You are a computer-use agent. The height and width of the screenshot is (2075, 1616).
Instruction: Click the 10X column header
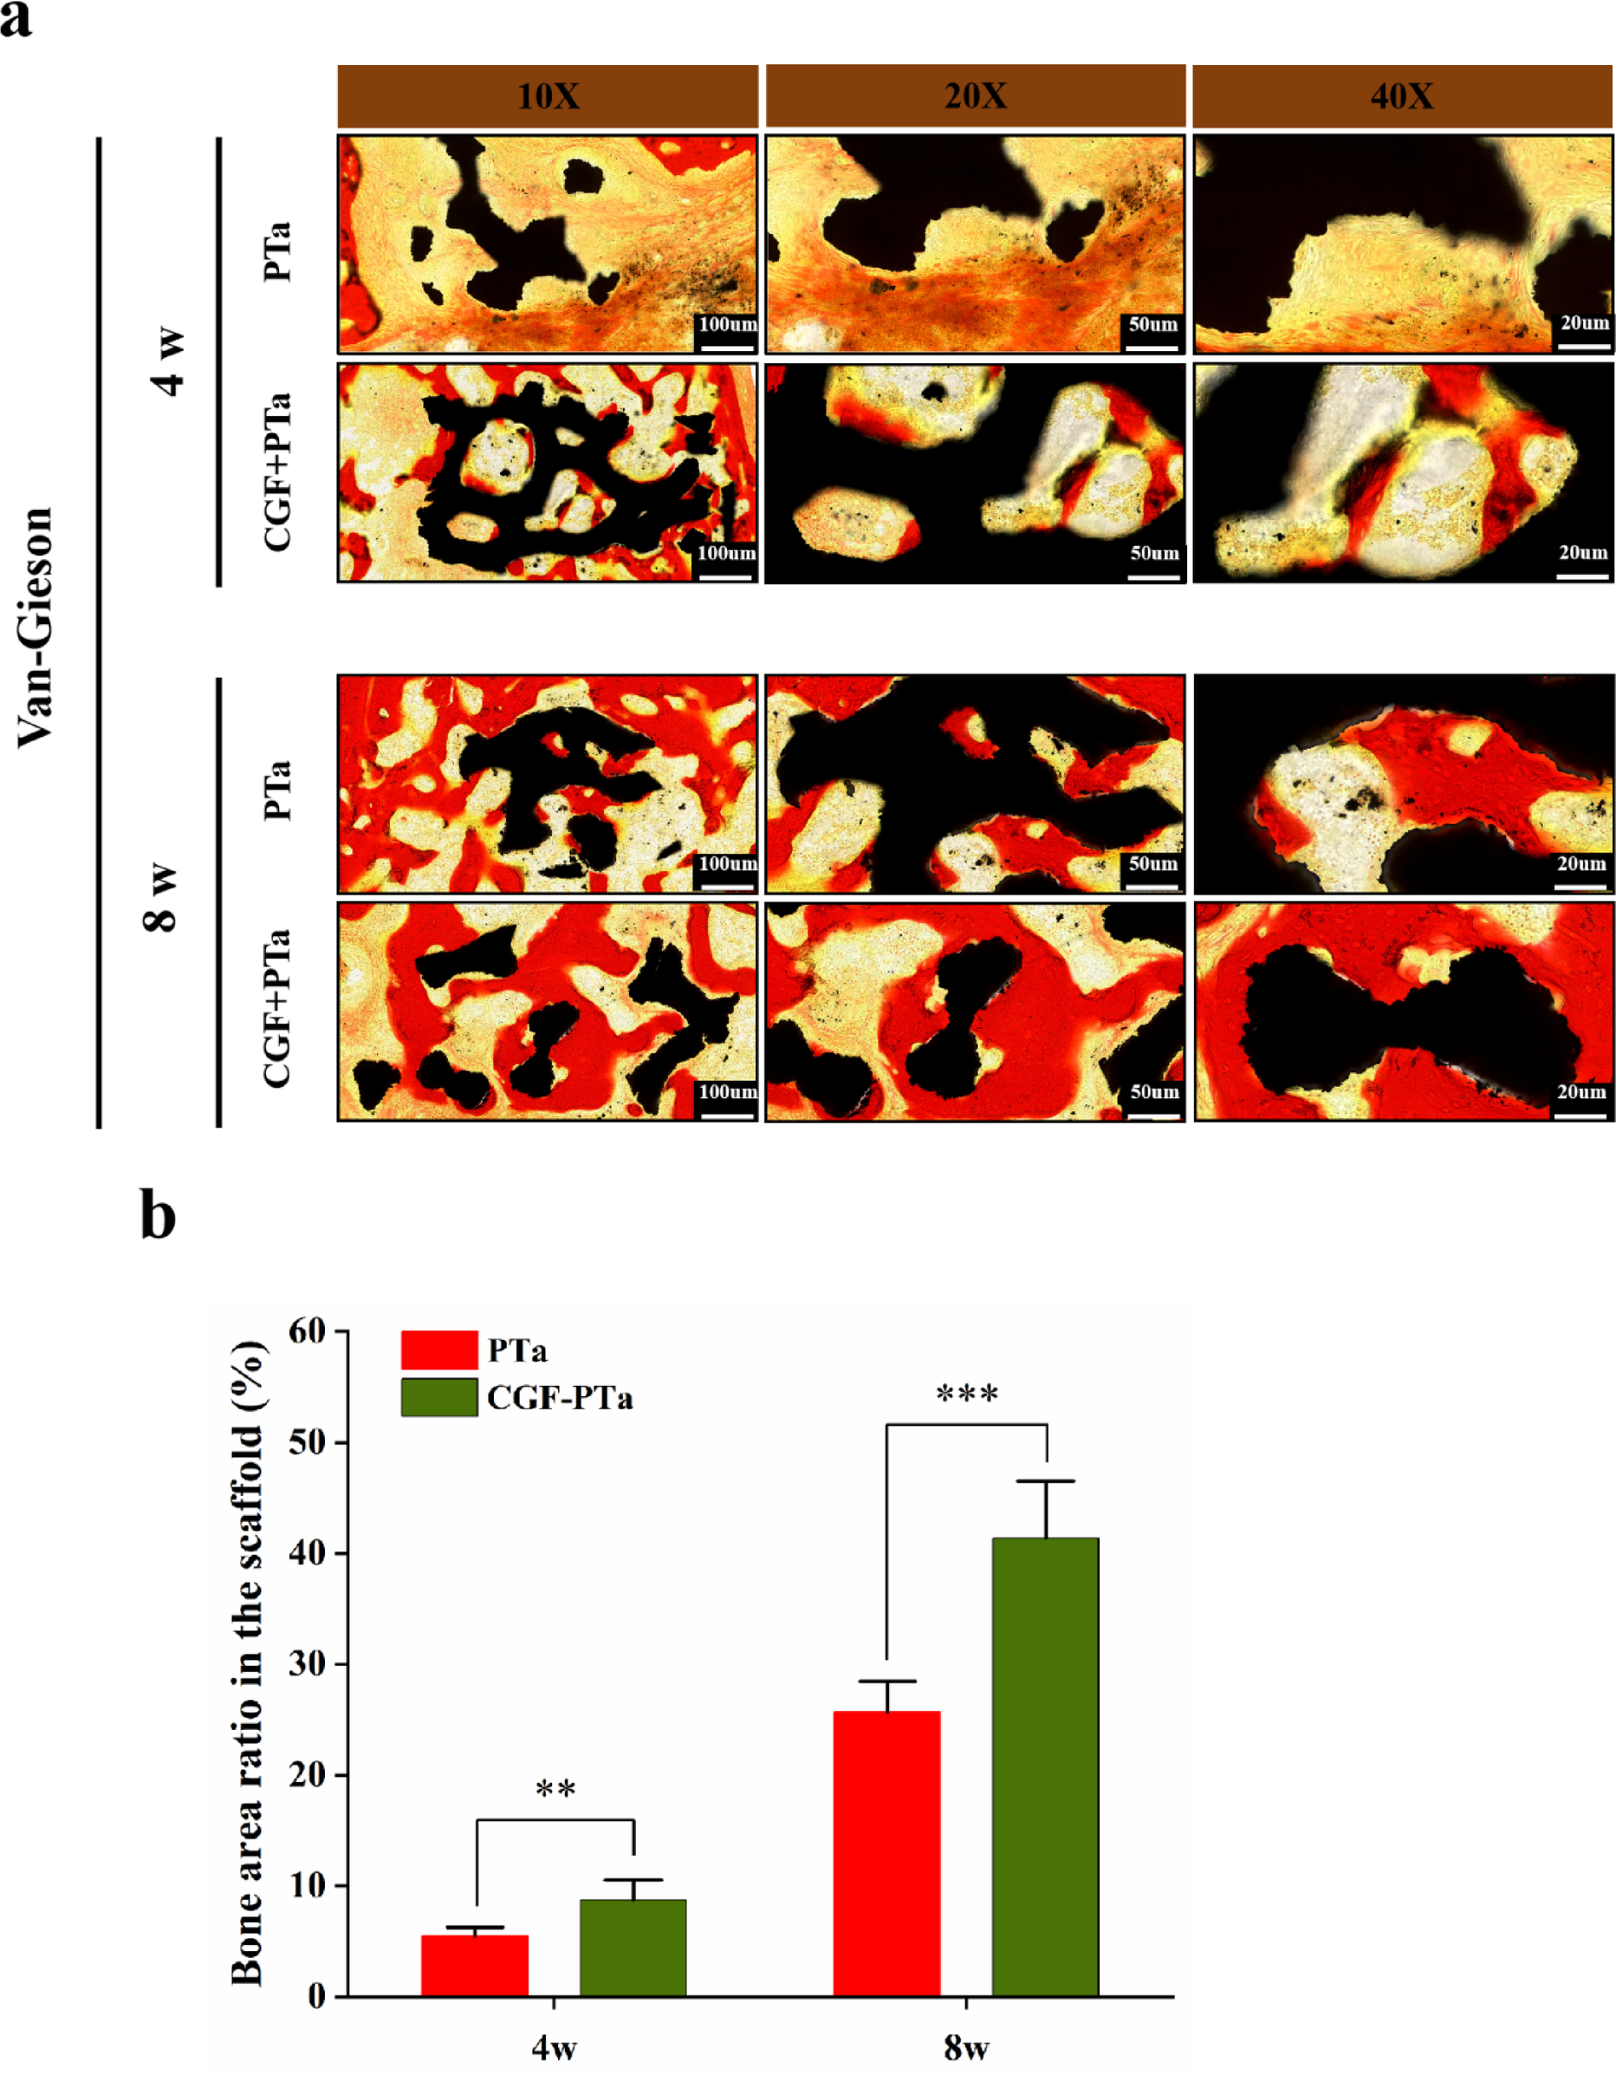548,96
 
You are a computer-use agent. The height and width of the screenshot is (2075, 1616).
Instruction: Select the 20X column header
975,96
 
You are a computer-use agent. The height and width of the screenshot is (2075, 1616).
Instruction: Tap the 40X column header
1401,96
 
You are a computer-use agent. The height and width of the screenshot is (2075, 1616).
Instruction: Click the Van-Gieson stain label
36,627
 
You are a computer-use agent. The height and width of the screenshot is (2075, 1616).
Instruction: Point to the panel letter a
16,19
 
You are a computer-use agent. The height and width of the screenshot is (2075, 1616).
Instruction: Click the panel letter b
158,1215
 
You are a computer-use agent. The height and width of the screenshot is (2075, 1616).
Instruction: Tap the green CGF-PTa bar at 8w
1045,1766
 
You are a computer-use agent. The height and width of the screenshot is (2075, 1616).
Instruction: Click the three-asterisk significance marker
967,1395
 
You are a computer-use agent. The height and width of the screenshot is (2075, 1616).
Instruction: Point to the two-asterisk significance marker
555,1790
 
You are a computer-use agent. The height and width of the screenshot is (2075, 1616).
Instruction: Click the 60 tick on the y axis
308,1332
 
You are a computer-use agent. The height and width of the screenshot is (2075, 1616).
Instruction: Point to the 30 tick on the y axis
308,1663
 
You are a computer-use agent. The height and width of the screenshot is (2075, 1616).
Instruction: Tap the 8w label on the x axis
966,2047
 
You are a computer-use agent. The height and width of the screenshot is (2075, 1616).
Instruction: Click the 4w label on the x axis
554,2047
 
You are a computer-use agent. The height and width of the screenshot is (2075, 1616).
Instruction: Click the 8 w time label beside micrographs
162,897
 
